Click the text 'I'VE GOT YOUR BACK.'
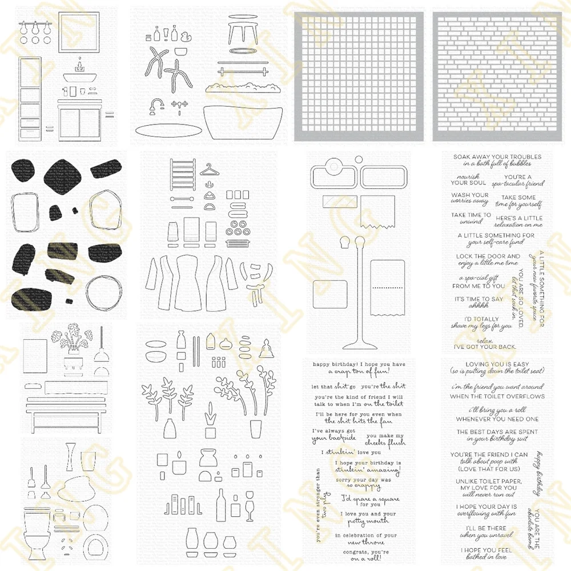[484, 346]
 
